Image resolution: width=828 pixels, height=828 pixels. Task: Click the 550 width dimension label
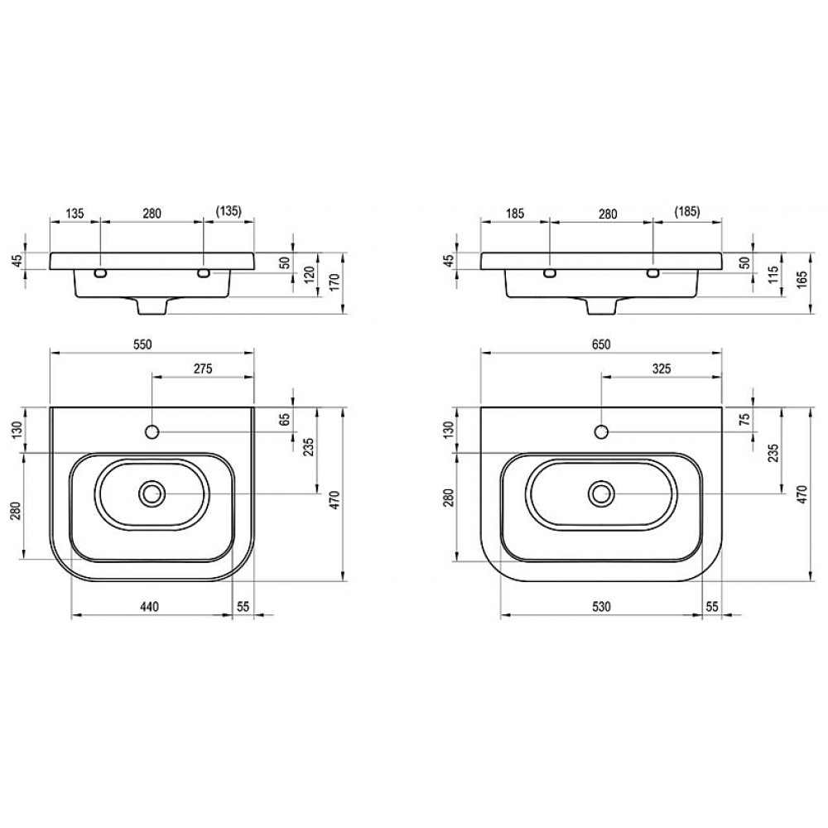142,344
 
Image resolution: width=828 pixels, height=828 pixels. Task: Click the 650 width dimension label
601,344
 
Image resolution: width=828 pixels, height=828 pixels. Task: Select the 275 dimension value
203,368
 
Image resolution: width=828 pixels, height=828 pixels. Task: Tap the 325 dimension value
661,368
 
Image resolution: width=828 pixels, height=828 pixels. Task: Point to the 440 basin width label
149,607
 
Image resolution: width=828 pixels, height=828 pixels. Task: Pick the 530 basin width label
601,607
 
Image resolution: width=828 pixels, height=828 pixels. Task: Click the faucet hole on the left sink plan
152,432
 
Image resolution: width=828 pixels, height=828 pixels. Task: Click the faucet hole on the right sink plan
601,432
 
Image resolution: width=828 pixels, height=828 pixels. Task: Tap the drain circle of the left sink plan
152,493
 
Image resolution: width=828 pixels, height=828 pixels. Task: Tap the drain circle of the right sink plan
601,493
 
